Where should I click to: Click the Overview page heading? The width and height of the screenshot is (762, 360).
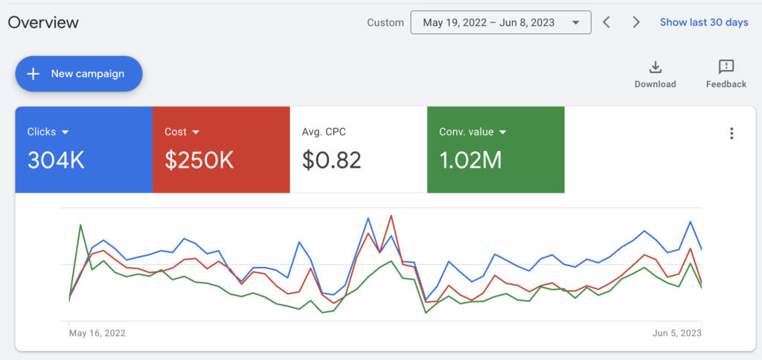coord(43,22)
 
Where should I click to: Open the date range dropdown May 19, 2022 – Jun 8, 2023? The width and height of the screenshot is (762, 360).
coord(500,22)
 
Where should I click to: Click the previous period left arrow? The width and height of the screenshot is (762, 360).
coord(606,22)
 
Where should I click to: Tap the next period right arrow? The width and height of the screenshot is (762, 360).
coord(636,22)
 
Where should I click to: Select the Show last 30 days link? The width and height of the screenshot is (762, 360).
coord(704,22)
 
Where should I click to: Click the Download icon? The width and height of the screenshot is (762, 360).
coord(655,68)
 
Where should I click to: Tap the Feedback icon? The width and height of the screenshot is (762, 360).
coord(726,68)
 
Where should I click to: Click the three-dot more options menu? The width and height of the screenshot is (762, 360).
coord(731,133)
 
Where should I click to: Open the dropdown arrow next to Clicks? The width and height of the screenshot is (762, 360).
coord(65,132)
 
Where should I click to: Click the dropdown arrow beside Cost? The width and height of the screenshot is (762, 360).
coord(196,132)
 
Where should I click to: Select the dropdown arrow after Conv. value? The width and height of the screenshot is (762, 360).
coord(502,132)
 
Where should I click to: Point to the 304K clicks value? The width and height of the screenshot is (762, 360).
coord(57,160)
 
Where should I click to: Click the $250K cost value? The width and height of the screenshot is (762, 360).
coord(199,160)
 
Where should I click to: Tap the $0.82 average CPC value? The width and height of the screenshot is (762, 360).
coord(331,160)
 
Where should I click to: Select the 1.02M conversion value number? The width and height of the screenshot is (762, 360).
coord(470,160)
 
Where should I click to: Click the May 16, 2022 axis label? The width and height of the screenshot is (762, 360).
coord(97,333)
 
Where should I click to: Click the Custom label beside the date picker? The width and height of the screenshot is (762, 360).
coord(385,22)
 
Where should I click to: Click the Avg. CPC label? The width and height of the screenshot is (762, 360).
coord(324,132)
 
